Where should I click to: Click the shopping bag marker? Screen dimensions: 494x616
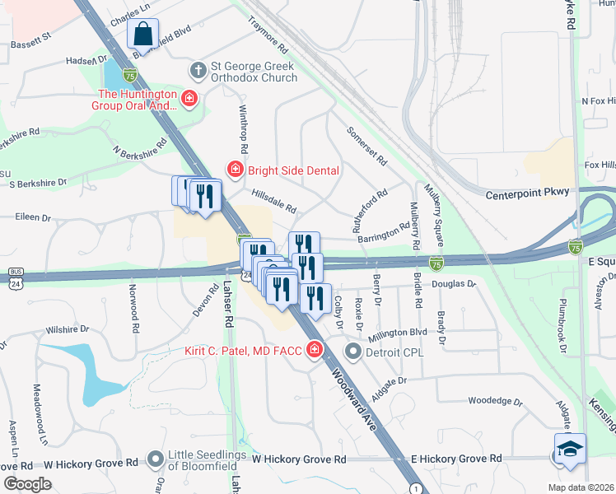(x=142, y=35)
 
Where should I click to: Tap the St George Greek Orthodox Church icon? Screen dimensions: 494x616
(x=197, y=71)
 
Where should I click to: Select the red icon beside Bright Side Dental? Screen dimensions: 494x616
(x=234, y=170)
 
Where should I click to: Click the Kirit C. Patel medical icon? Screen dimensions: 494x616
(x=314, y=352)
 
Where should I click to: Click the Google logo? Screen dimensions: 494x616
(x=27, y=483)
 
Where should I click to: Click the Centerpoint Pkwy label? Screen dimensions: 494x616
(x=527, y=194)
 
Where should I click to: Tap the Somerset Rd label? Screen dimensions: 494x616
(x=366, y=145)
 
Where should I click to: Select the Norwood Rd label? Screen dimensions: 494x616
(x=132, y=304)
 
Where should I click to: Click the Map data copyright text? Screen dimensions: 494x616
(x=581, y=487)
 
